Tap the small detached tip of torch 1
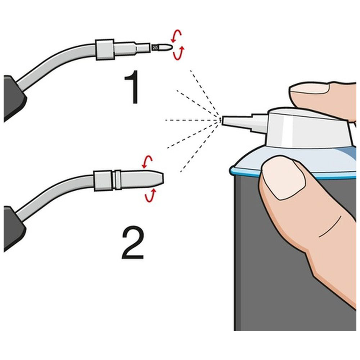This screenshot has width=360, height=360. [x=161, y=48]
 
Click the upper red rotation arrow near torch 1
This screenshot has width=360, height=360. [x=176, y=36]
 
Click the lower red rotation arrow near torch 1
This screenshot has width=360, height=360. [x=179, y=53]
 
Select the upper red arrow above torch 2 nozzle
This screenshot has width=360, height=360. [x=147, y=162]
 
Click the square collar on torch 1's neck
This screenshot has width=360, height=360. [x=105, y=49]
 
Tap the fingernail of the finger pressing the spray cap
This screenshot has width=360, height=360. [x=309, y=88]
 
